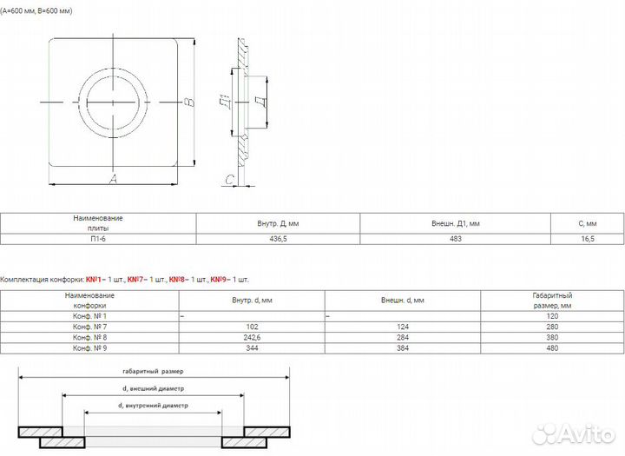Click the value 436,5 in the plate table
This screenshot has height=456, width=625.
tap(278, 239)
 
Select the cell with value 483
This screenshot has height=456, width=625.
tap(455, 239)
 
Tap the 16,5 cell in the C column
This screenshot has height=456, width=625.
tap(588, 239)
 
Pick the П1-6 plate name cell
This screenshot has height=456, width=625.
tap(98, 239)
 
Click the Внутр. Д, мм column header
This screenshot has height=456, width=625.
tap(278, 223)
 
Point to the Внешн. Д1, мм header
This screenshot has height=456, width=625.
tap(455, 223)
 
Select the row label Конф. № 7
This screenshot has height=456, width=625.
tap(89, 327)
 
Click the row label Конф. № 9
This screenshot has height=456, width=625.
tap(89, 348)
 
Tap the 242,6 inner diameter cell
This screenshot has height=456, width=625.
tap(252, 338)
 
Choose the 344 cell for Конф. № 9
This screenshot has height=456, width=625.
tap(252, 348)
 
